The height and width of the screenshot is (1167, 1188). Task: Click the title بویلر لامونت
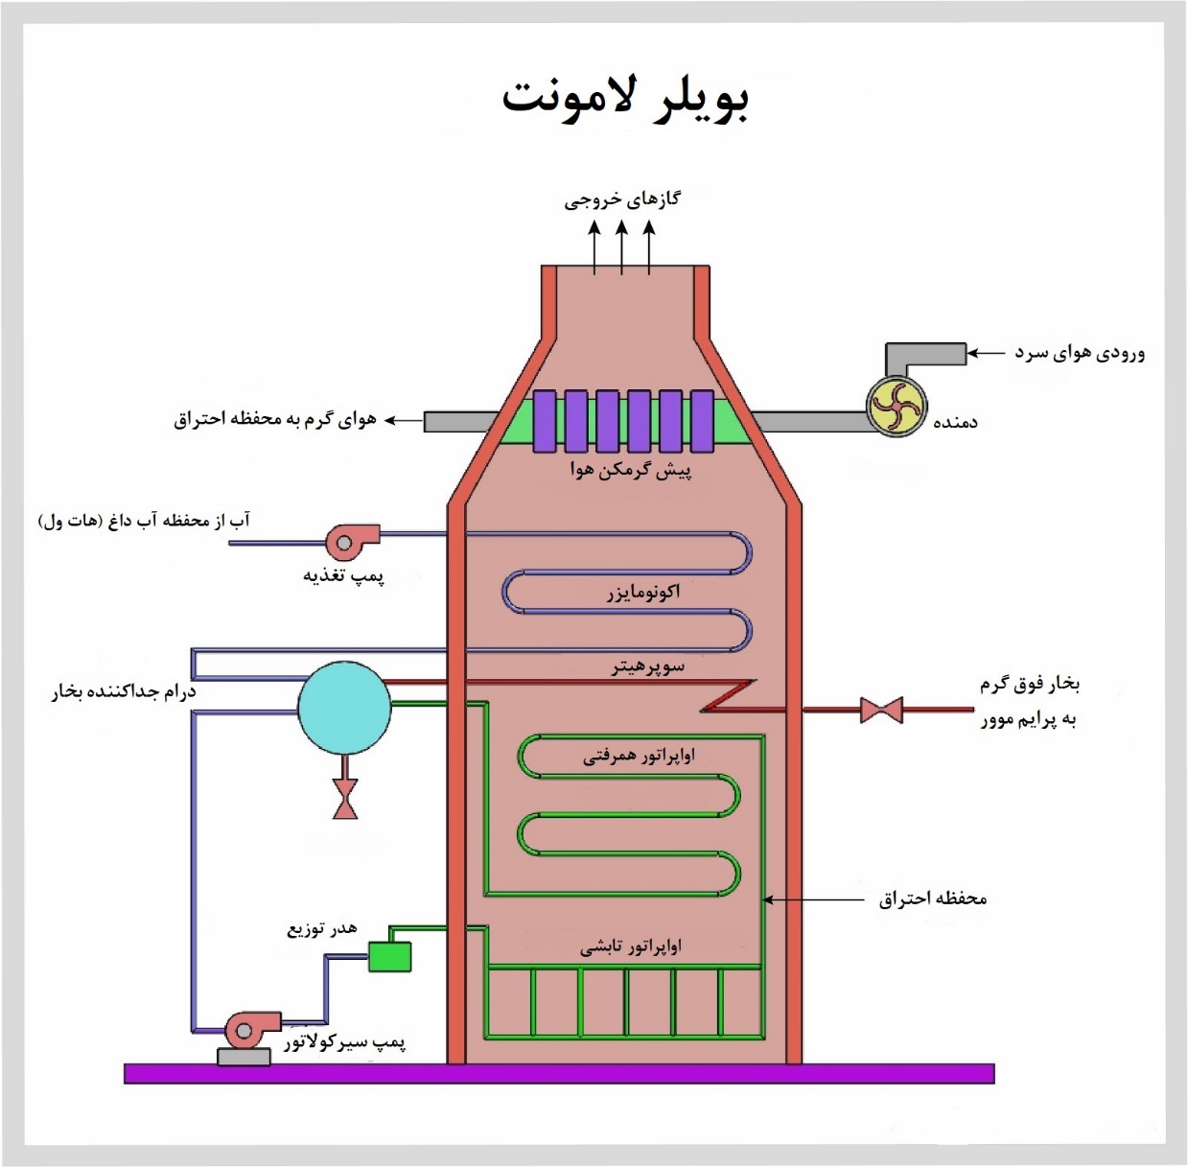[624, 98]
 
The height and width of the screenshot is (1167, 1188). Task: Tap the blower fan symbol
[897, 407]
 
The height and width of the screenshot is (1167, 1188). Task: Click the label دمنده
[955, 422]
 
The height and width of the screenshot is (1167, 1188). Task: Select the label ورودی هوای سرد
[1080, 353]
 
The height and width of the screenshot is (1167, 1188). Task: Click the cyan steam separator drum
[344, 709]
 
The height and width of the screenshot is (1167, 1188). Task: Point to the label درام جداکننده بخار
[124, 691]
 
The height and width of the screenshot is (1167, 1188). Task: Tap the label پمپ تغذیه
[343, 575]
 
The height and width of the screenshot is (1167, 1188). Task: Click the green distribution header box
[389, 956]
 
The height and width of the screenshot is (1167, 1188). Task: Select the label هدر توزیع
[321, 928]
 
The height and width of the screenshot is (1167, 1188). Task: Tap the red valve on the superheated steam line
[880, 711]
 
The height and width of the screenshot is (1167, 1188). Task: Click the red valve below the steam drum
[345, 799]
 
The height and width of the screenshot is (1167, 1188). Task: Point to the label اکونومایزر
[643, 592]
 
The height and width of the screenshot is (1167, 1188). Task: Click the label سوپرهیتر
[648, 665]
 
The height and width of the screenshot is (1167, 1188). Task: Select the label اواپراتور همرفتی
[639, 756]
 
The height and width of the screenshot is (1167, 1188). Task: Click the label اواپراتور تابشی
[630, 946]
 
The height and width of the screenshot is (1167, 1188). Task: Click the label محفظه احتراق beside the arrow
[932, 899]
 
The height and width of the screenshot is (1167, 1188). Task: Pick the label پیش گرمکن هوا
[631, 470]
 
